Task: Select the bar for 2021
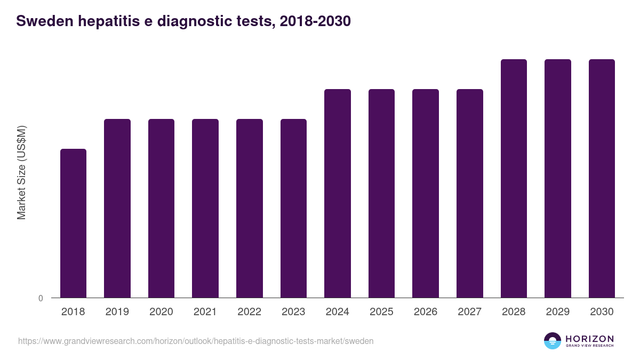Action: (205, 208)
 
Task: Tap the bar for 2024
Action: (338, 193)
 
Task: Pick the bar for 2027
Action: (470, 193)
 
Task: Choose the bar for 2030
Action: (602, 178)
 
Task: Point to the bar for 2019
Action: (117, 208)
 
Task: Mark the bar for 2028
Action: (514, 178)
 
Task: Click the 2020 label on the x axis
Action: (161, 312)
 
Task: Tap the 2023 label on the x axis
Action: (293, 312)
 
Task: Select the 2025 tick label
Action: (381, 312)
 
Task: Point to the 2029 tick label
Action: (558, 312)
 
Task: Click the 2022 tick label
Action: (250, 312)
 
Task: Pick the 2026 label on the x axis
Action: (426, 312)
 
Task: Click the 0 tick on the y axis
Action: (41, 298)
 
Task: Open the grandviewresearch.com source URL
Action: (196, 341)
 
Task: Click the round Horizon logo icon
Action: (553, 341)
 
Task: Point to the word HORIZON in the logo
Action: (589, 339)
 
